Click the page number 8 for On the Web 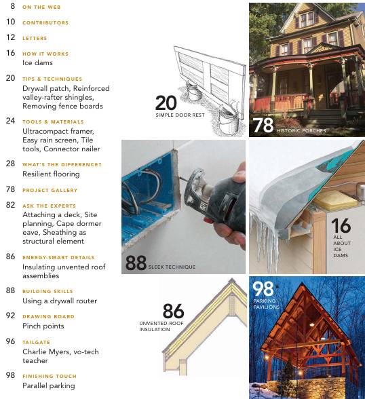13,6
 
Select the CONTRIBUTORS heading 45,22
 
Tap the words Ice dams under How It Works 37,62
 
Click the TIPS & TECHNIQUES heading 52,79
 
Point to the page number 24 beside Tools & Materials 10,121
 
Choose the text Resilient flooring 51,174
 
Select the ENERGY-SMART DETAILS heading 58,257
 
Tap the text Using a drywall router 60,301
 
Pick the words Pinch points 43,326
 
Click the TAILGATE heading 37,342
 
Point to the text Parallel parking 49,385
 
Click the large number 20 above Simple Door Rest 166,102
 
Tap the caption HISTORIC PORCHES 301,130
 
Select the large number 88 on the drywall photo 136,263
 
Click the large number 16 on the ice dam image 341,226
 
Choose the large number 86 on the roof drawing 173,310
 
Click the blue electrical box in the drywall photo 146,197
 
